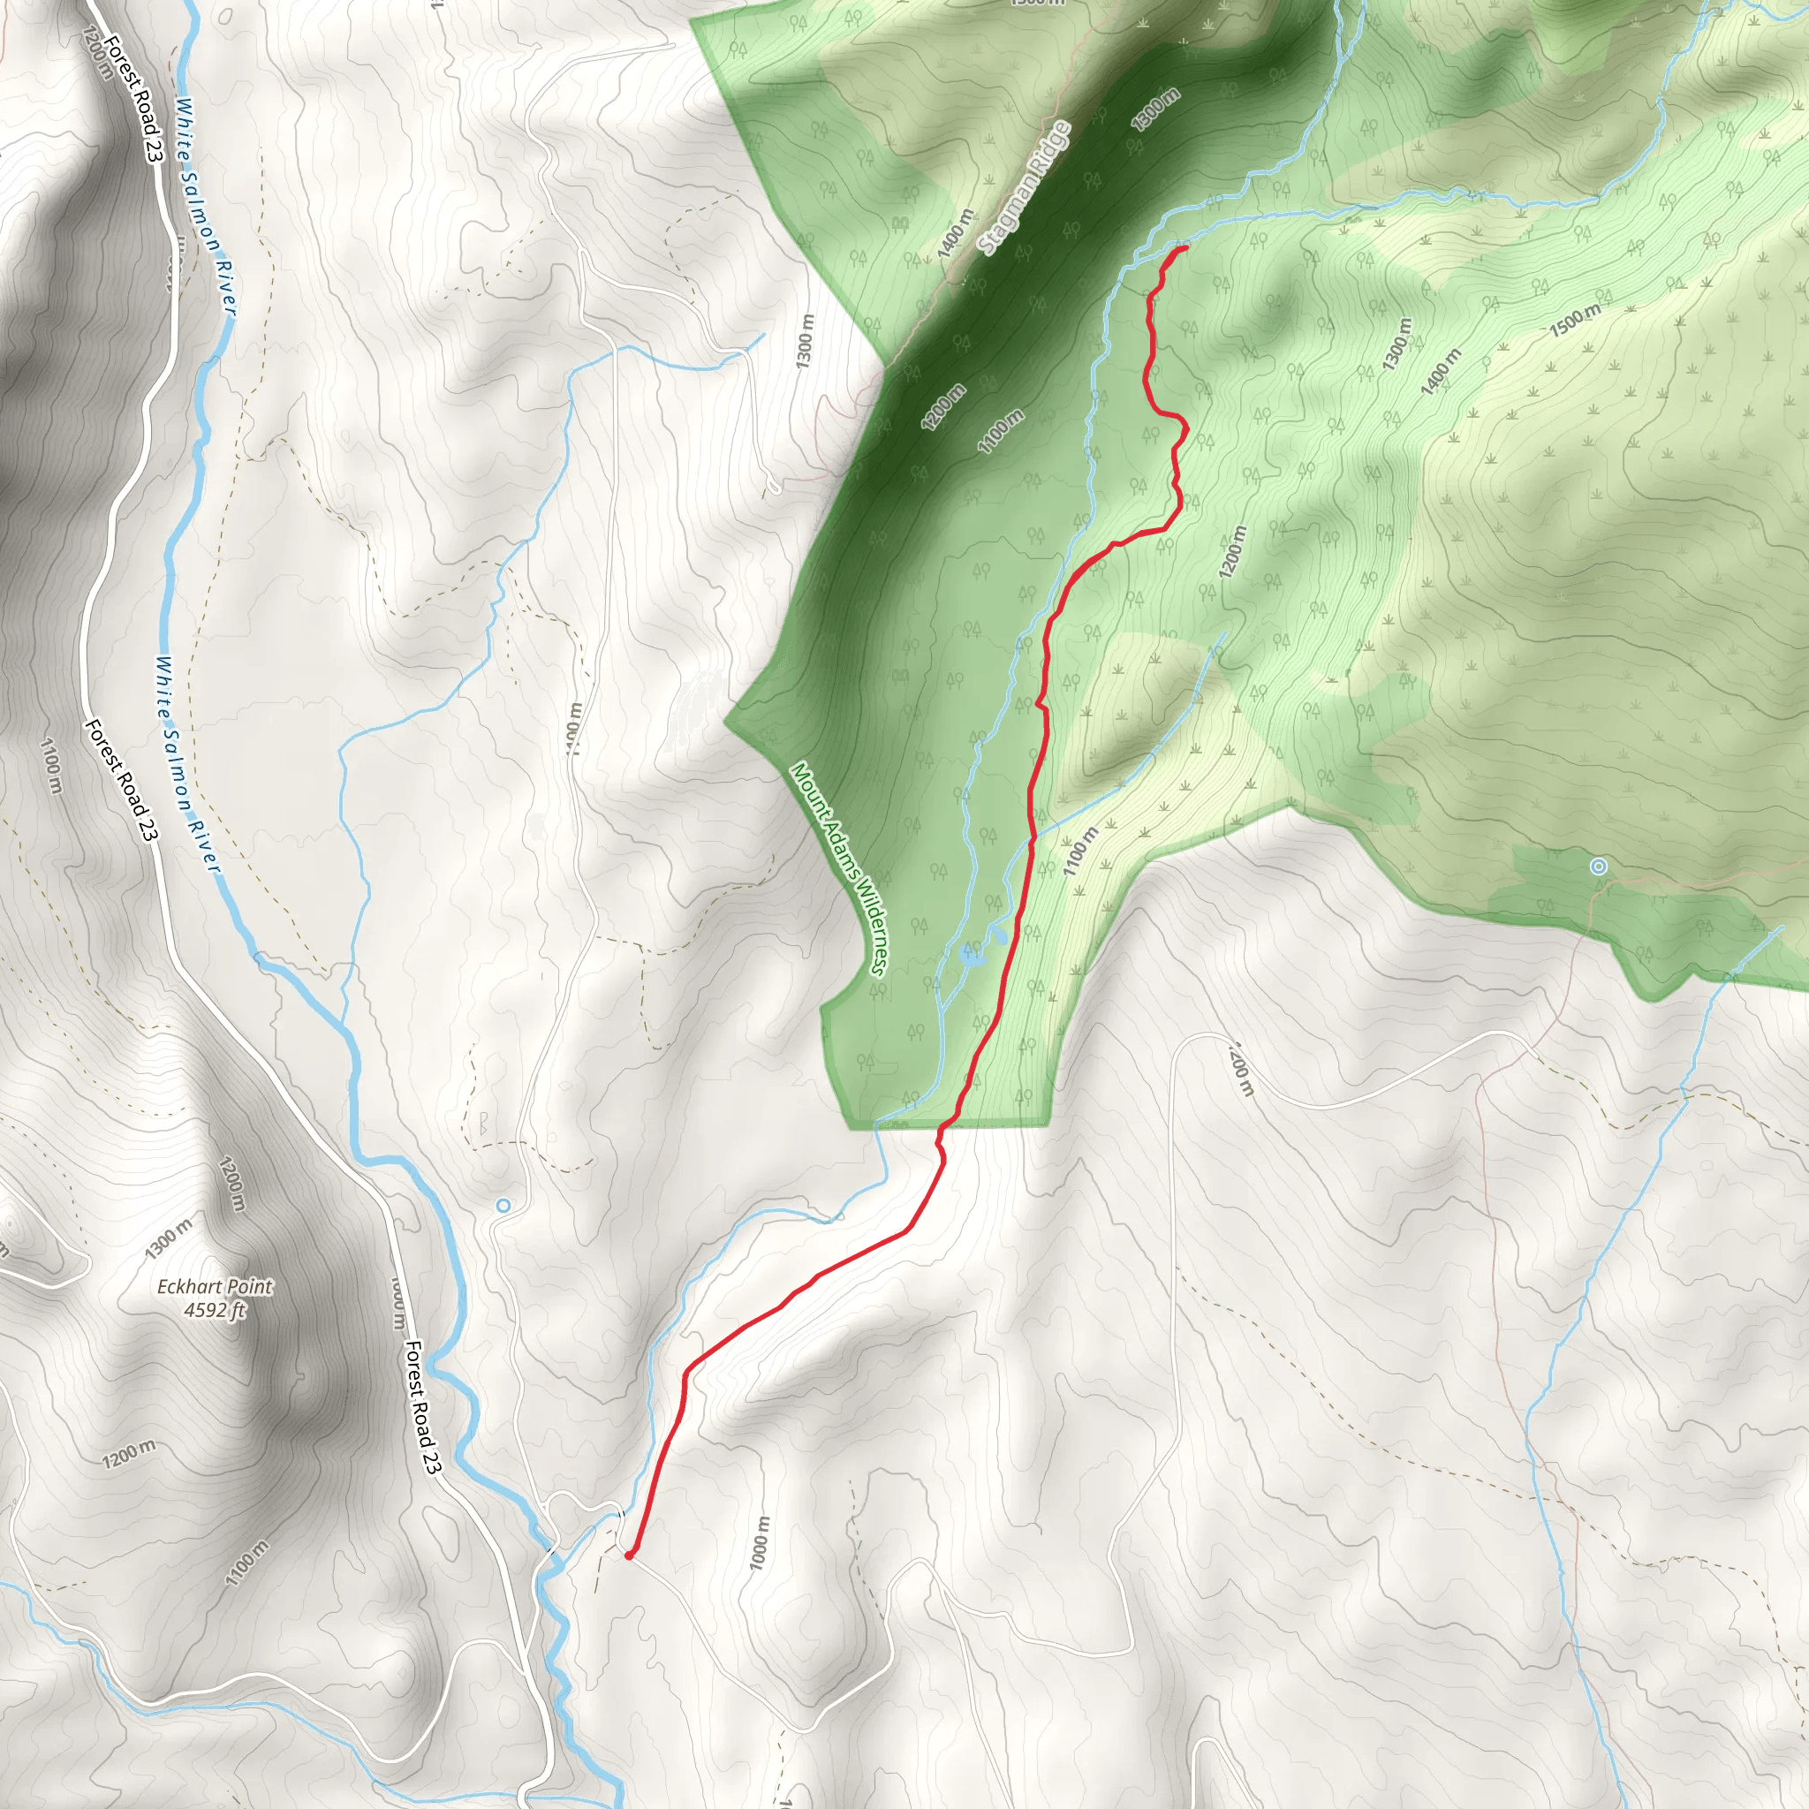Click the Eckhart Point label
[x=215, y=1286]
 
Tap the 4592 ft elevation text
[x=215, y=1309]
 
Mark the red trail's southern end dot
[x=628, y=1555]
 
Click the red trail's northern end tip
[x=1186, y=247]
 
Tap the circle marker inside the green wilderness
[x=1598, y=867]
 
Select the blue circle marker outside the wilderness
[x=503, y=1205]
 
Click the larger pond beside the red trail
[x=972, y=955]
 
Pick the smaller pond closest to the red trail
[x=999, y=935]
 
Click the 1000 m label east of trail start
[x=761, y=1541]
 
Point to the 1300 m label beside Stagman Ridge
[x=1154, y=110]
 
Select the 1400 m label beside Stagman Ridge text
[x=955, y=234]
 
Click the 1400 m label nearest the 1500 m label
[x=1440, y=372]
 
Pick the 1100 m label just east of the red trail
[x=1079, y=852]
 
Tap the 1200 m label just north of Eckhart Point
[x=232, y=1184]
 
